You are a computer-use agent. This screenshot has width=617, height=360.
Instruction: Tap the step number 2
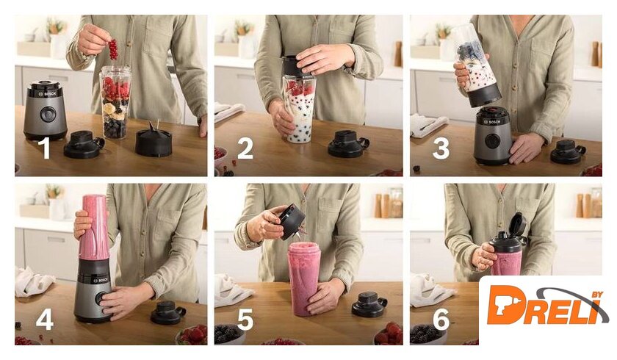tap(245, 148)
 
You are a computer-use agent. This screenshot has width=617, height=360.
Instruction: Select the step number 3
tap(441, 148)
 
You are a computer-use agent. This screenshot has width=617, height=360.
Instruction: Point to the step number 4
tap(44, 318)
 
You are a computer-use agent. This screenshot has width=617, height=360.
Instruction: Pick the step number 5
tap(245, 319)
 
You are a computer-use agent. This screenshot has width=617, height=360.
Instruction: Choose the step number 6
tap(441, 319)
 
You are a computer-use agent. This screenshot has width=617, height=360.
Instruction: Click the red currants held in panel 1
tap(113, 49)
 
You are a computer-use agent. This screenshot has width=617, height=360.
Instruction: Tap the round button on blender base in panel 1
tap(47, 114)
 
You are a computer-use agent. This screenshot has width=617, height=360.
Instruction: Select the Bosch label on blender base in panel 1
tap(48, 93)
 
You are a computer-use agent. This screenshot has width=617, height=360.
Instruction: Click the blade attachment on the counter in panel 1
tap(154, 140)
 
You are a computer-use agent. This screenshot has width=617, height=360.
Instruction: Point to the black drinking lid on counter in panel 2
tap(348, 144)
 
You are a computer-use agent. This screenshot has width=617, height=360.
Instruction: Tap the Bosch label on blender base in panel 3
tap(492, 122)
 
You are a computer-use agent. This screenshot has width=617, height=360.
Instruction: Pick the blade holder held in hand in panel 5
tap(292, 222)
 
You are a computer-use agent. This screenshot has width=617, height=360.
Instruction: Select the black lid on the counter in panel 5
tap(369, 304)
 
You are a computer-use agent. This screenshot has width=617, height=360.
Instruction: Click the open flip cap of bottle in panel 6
tap(518, 225)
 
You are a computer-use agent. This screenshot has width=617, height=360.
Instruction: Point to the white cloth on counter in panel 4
tap(34, 281)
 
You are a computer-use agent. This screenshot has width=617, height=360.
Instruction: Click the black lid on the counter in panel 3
tap(568, 152)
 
